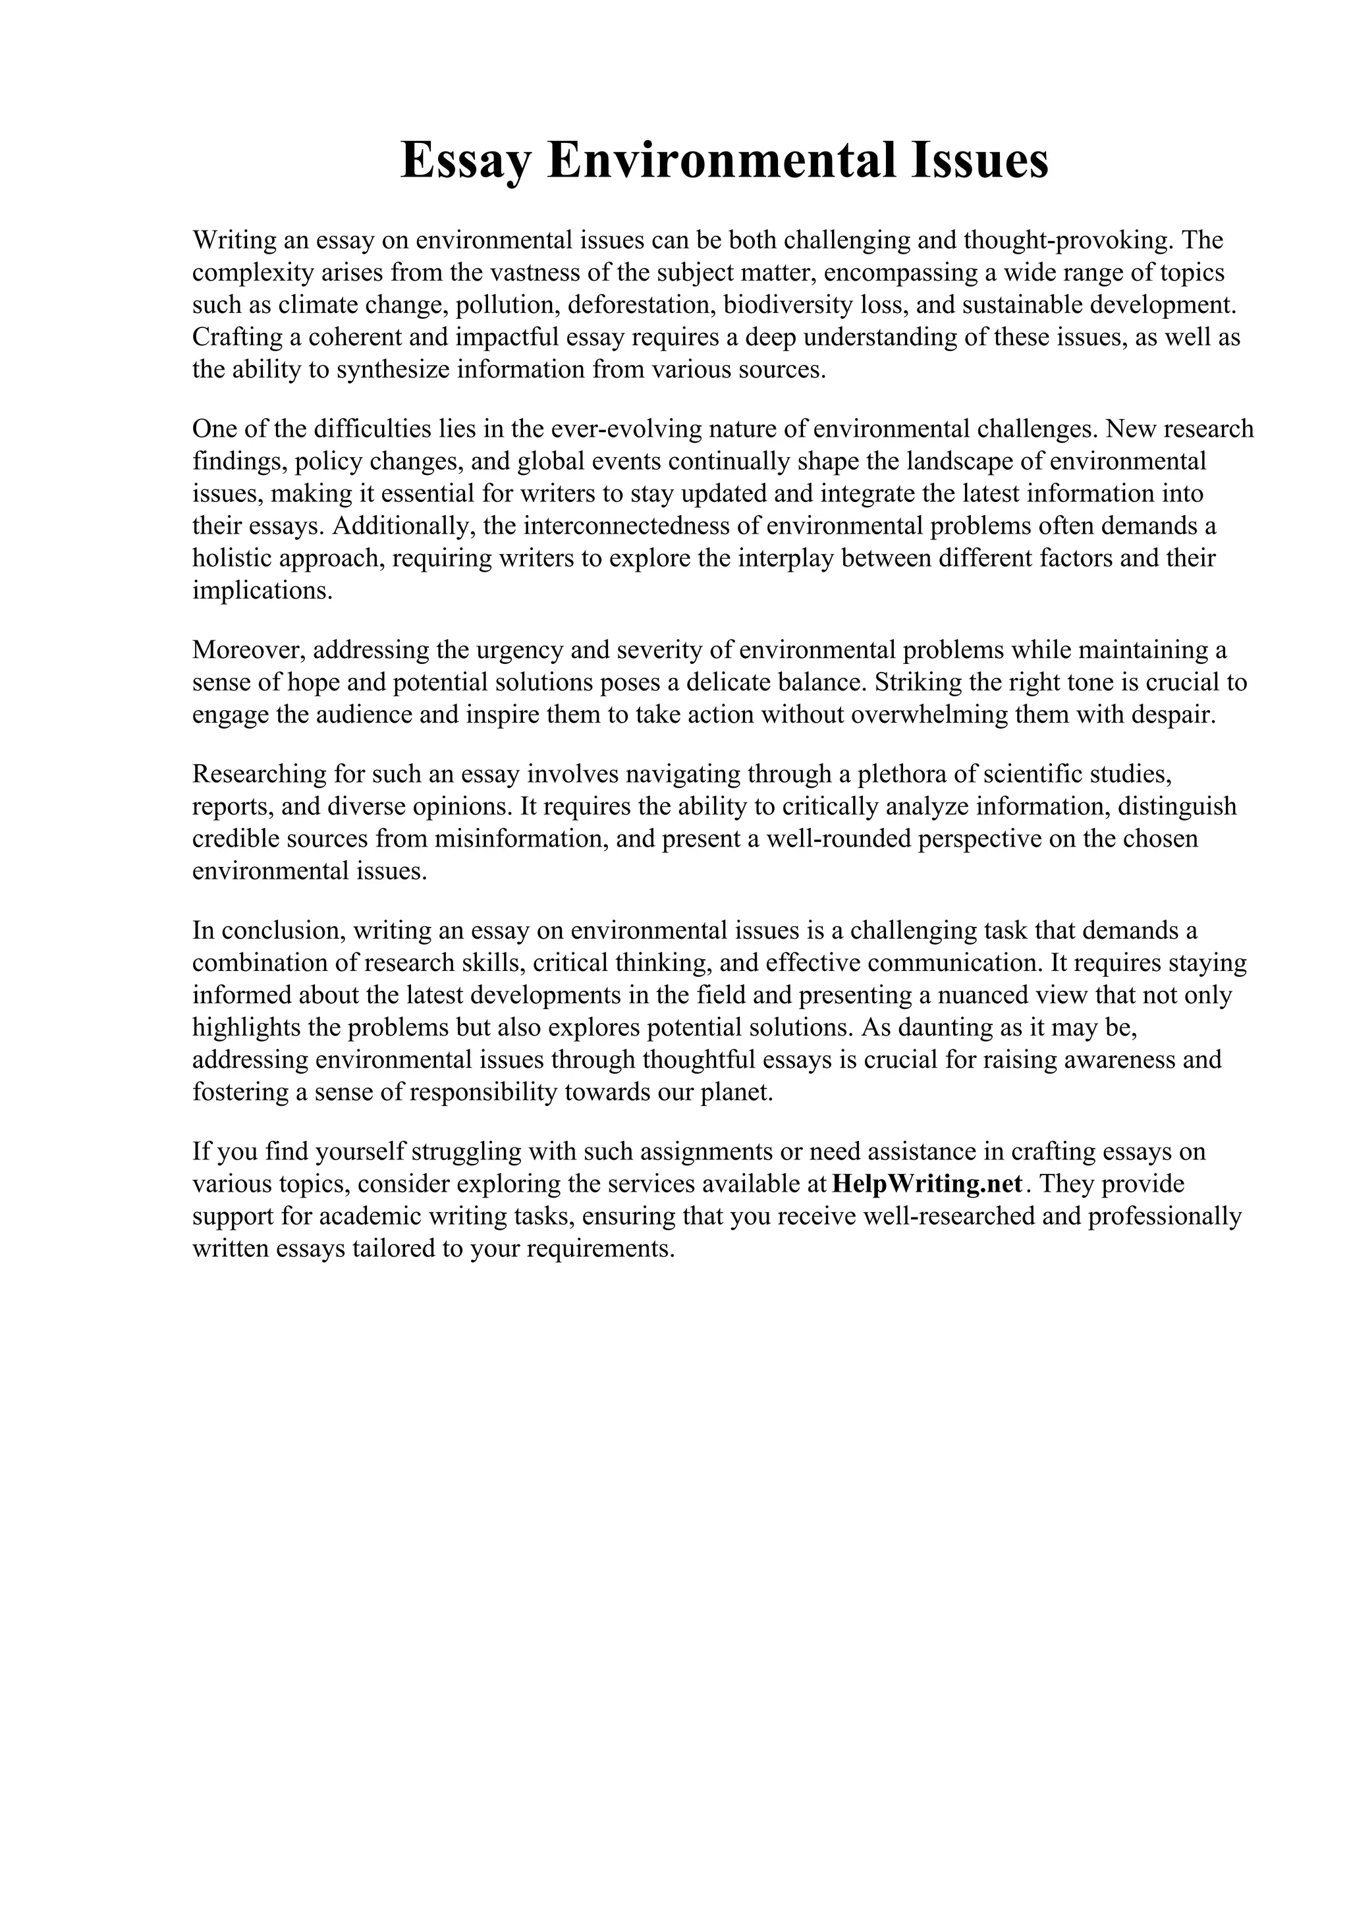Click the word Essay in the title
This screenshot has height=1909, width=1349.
coord(464,161)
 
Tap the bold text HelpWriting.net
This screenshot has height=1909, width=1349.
coord(927,1184)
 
